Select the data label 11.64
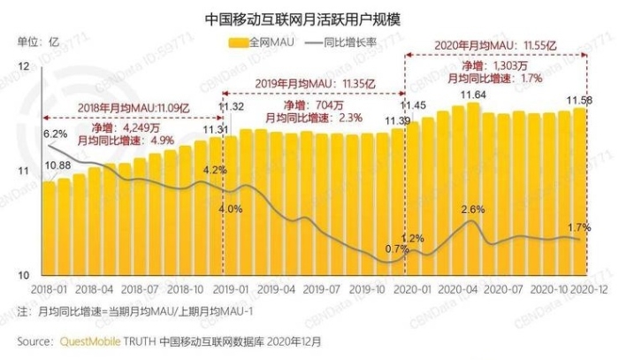[x=472, y=95]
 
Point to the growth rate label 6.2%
[x=56, y=133]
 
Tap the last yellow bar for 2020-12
[x=580, y=190]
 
